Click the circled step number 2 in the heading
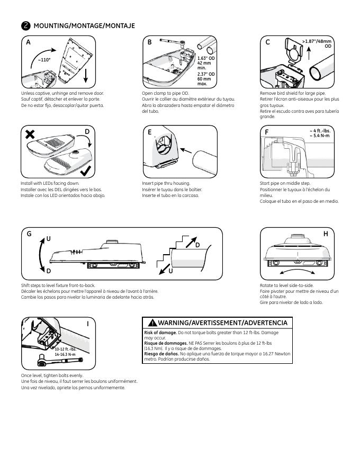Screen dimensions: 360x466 coord(25,25)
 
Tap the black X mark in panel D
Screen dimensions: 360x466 coord(30,135)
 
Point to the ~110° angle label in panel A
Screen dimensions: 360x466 coord(44,60)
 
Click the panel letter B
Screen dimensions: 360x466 coord(150,42)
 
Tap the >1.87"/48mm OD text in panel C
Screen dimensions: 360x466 coord(317,43)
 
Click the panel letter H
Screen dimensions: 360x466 coord(326,234)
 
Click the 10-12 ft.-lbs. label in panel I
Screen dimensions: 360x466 coord(65,349)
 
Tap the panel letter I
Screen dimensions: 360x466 coord(87,322)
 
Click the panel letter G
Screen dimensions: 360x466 coord(29,234)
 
